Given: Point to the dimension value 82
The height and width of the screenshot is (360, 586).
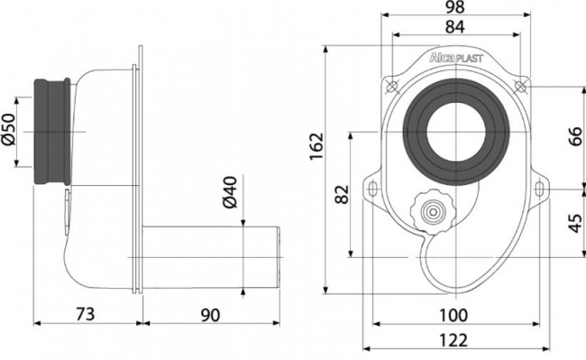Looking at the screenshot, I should [x=341, y=193].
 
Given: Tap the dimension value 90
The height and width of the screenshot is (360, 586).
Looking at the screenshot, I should [x=211, y=314].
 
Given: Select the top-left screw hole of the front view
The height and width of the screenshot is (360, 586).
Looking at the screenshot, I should [x=392, y=86].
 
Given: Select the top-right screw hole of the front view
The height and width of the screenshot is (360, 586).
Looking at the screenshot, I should [x=520, y=86].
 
